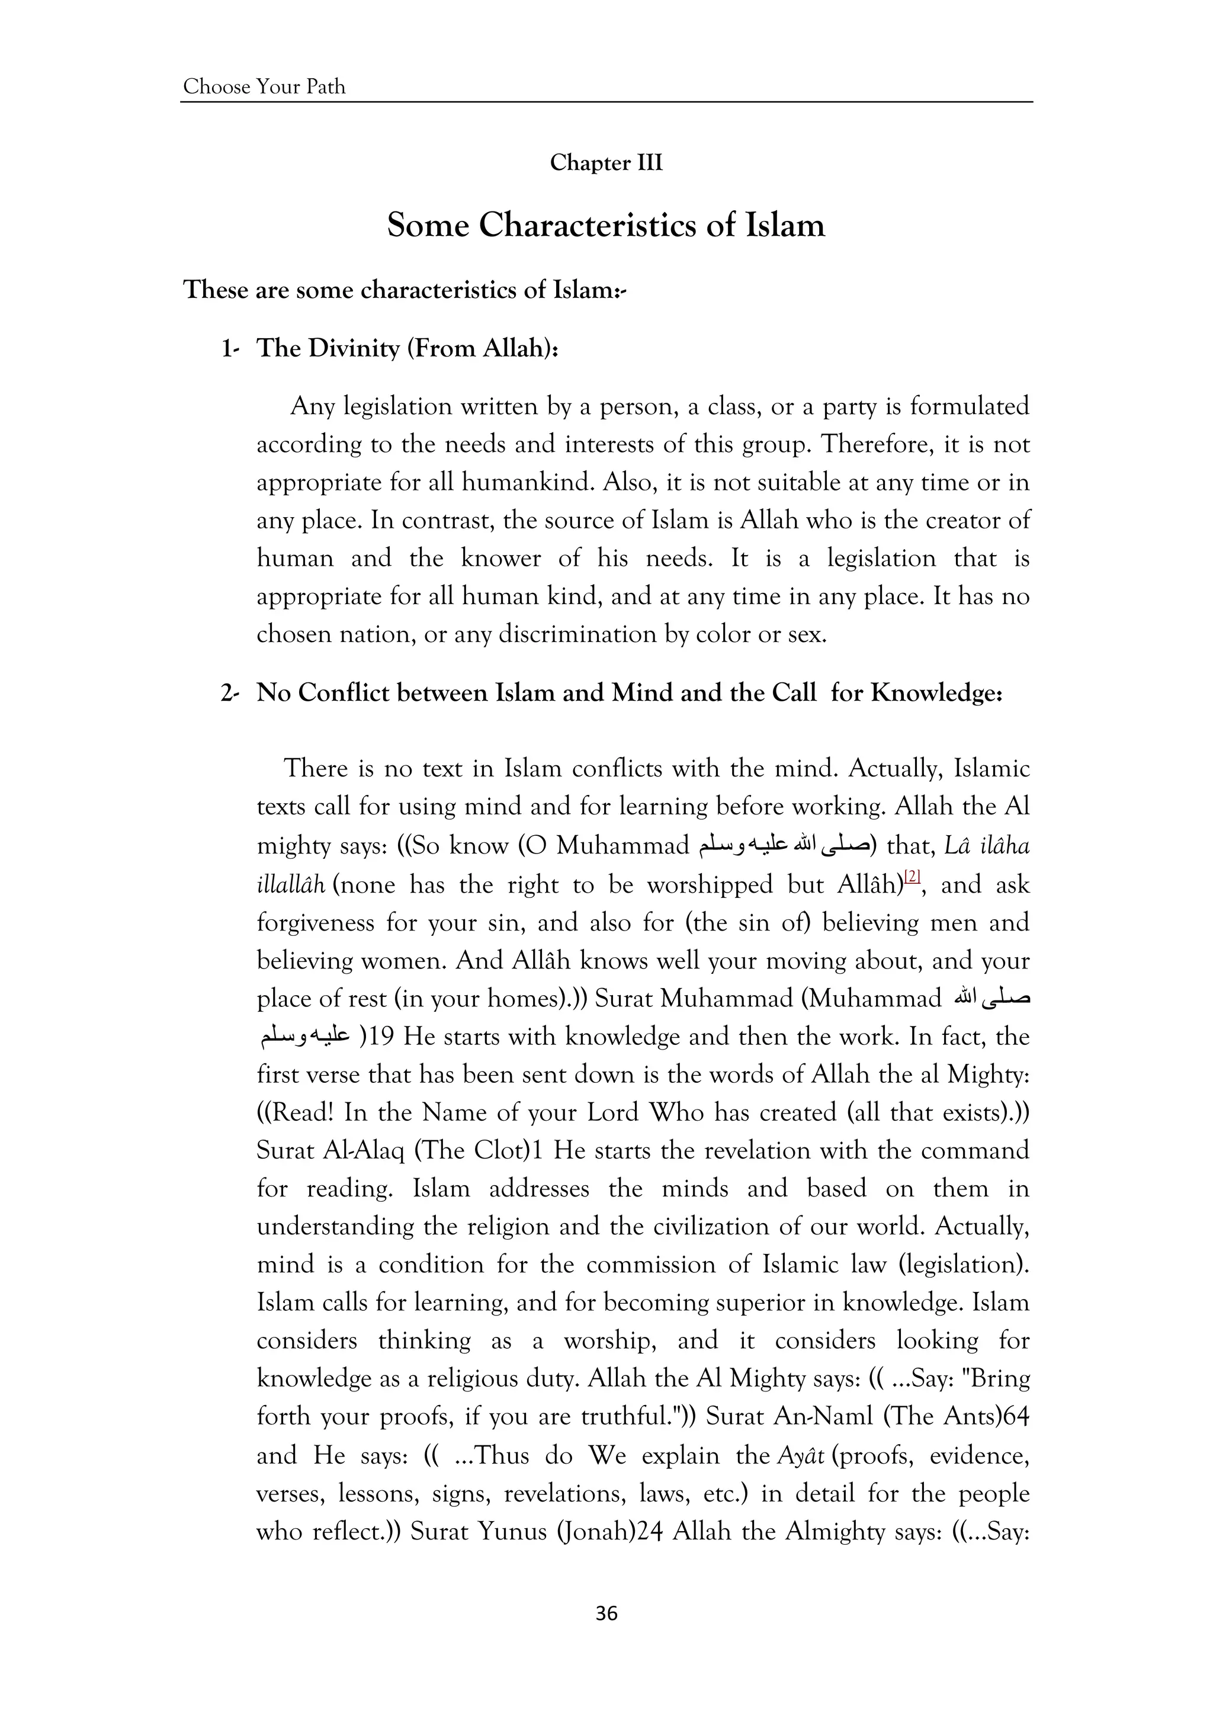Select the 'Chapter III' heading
pos(606,163)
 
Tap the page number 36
pos(606,1614)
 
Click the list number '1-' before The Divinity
pos(229,349)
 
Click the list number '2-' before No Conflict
pos(229,694)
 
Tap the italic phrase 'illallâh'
pos(291,886)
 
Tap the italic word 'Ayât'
pos(800,1456)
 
